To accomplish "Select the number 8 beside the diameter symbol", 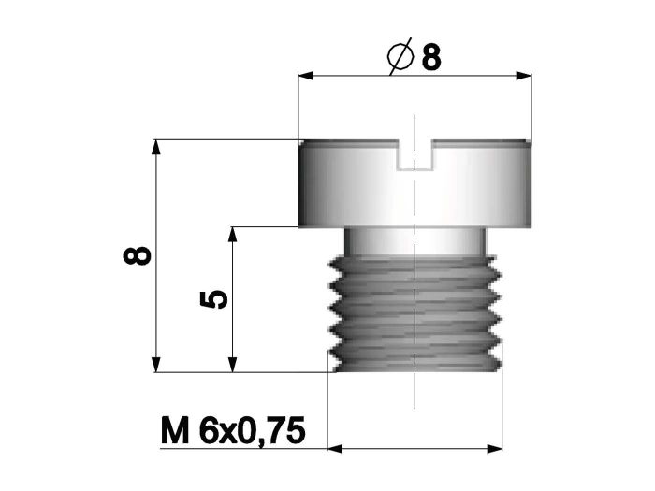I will click(431, 58).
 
